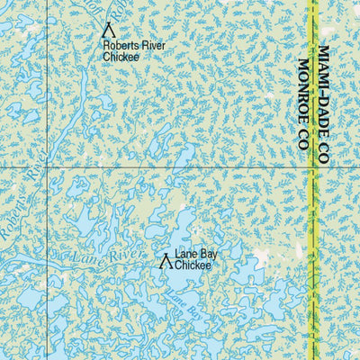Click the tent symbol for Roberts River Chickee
[x=109, y=29]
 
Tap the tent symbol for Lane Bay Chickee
[x=165, y=262]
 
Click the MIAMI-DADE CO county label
[x=324, y=105]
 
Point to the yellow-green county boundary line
[x=315, y=225]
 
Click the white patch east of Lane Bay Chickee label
[x=260, y=256]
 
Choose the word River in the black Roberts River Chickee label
[x=152, y=45]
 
